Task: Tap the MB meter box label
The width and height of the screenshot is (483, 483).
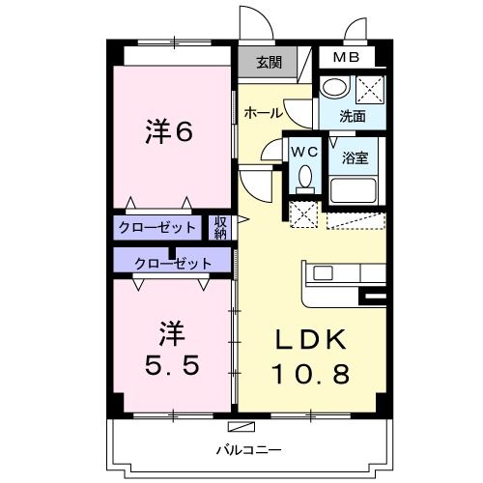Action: [345, 57]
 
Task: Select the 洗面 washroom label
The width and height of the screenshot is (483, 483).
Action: [353, 116]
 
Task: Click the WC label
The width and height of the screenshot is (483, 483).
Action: [304, 151]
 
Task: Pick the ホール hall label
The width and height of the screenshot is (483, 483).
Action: [263, 113]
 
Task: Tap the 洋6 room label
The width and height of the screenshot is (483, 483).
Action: [170, 131]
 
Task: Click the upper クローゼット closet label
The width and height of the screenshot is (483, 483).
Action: [156, 228]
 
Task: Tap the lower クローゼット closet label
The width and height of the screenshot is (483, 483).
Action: [173, 262]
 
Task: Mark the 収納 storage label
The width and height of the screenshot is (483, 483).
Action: [220, 228]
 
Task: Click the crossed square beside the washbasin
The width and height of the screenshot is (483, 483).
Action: [370, 89]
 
